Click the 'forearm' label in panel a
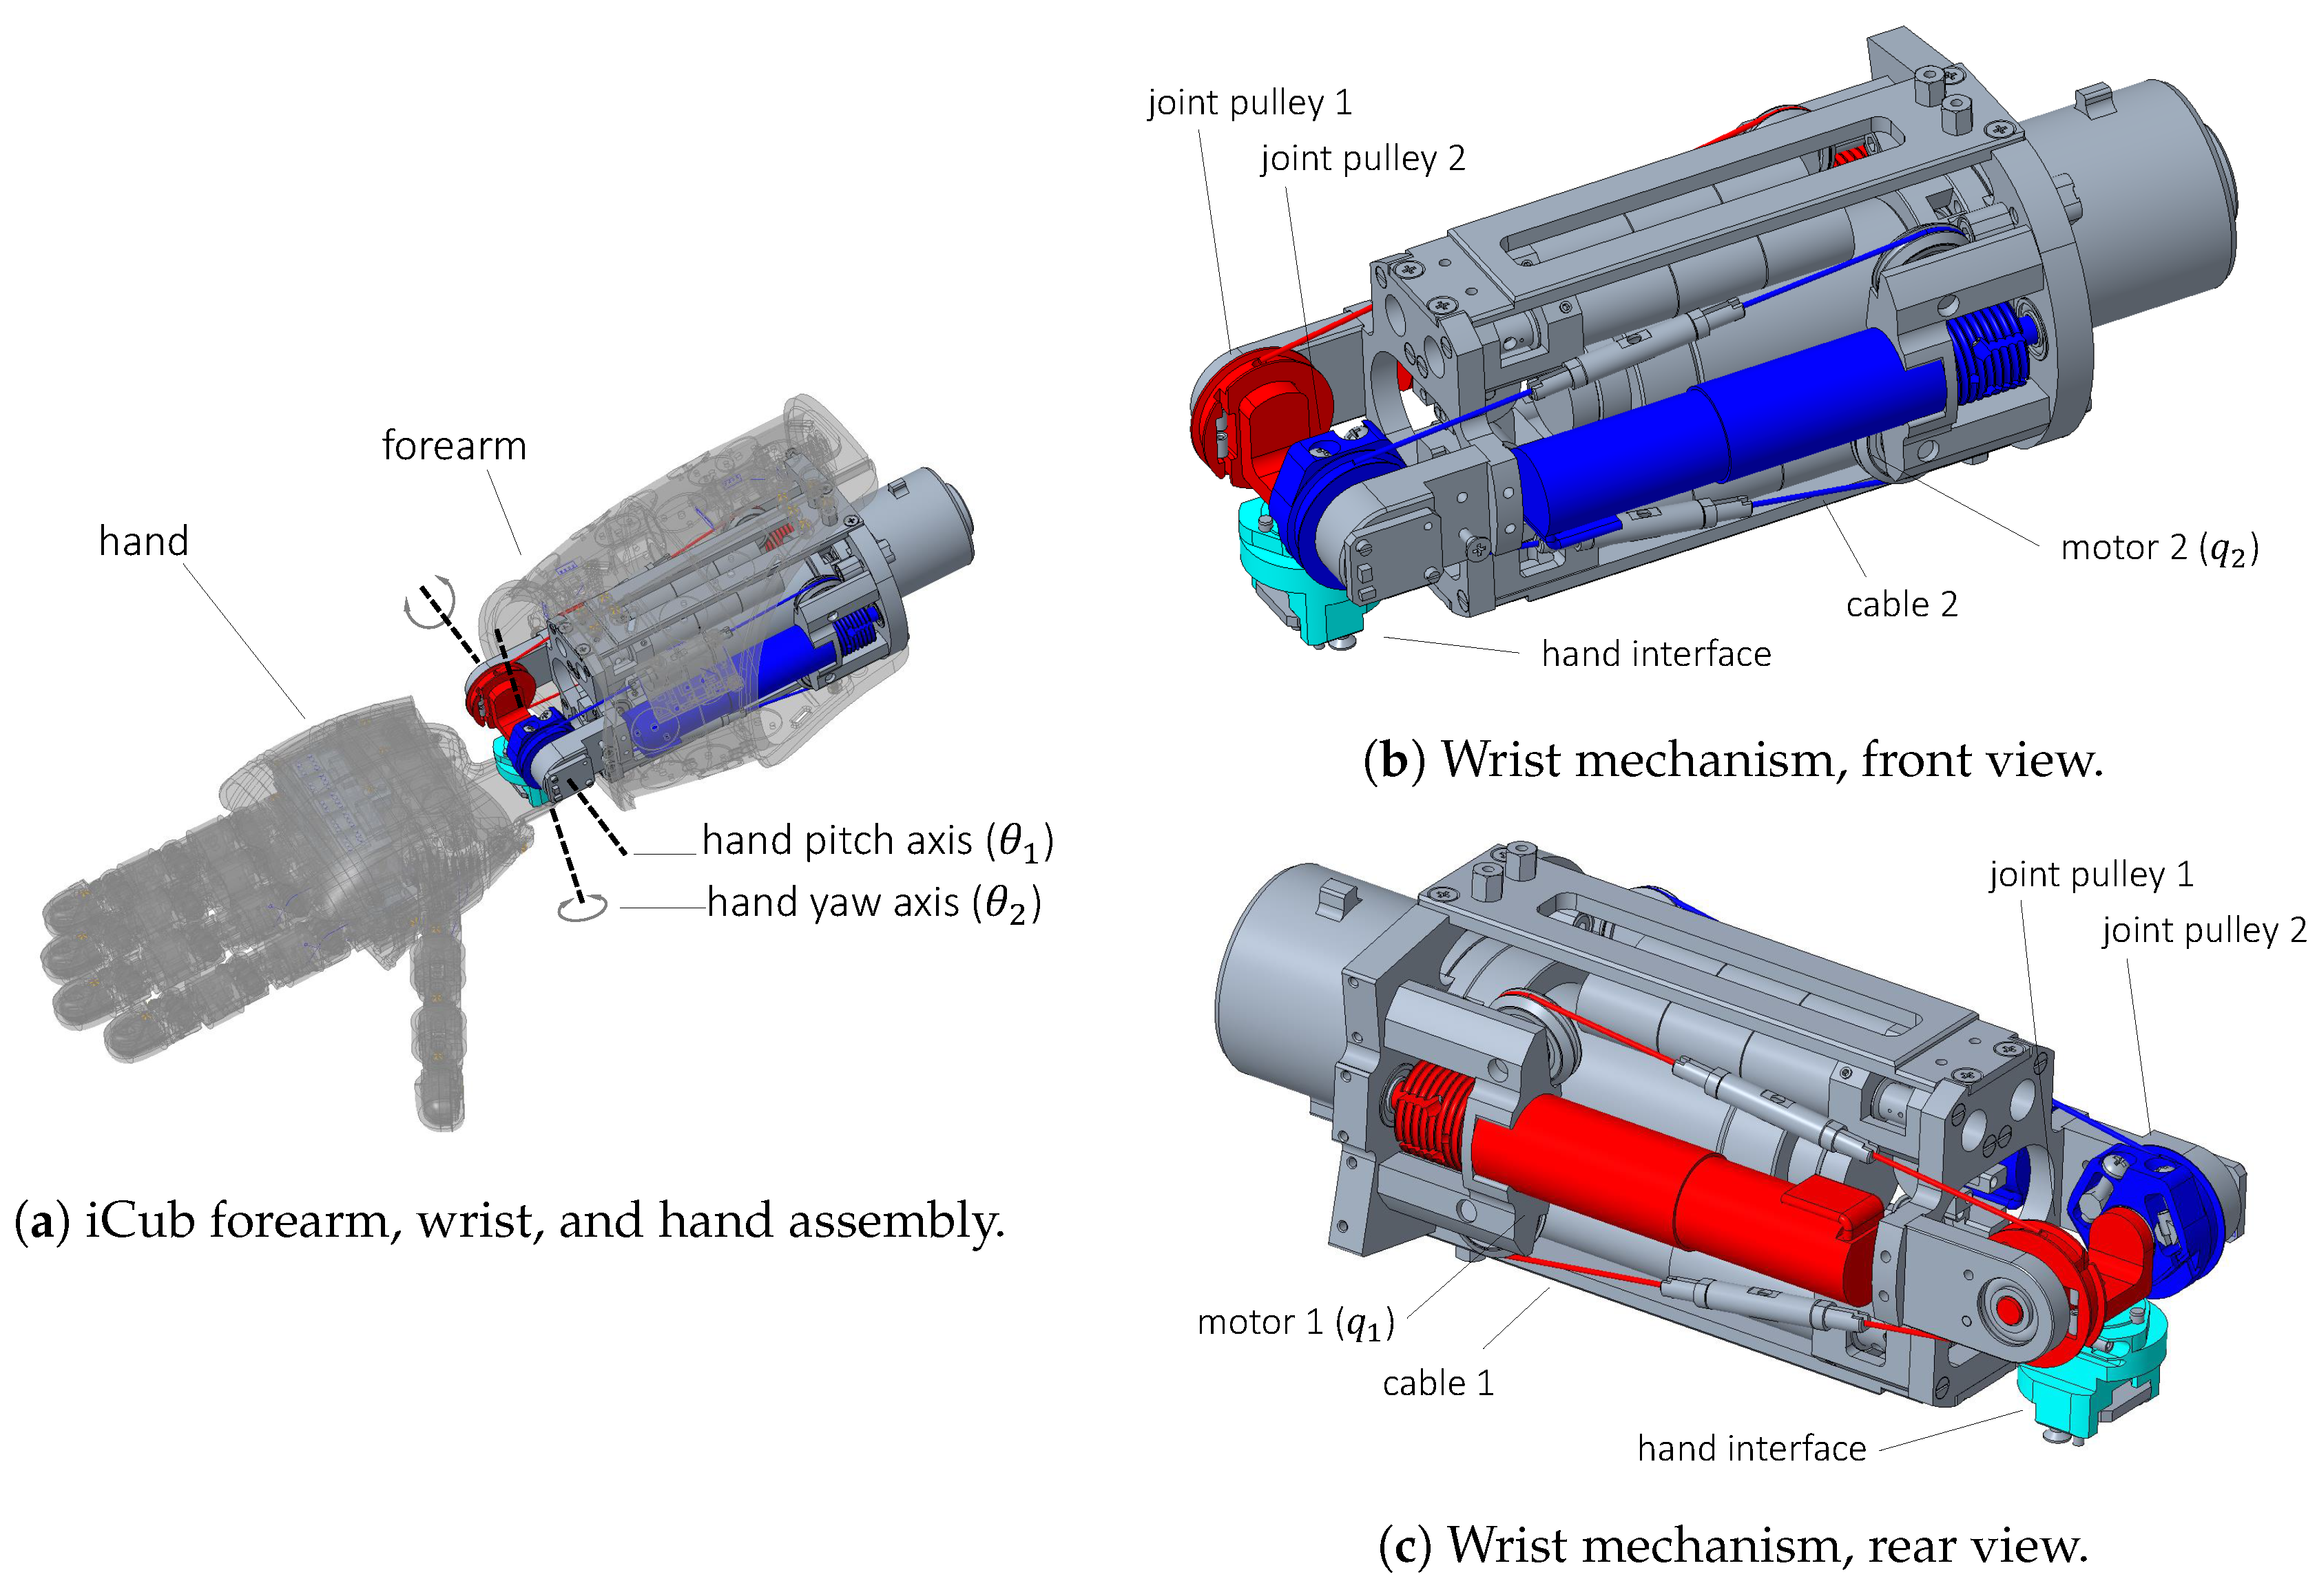coord(454,446)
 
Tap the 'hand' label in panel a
coord(143,541)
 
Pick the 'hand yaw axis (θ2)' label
coord(873,903)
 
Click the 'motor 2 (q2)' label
coord(2159,548)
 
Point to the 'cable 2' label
coord(1900,604)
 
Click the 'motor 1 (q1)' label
coord(1294,1323)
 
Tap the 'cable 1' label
coord(1437,1383)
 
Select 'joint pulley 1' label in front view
coord(1249,103)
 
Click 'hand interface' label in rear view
coord(1751,1448)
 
